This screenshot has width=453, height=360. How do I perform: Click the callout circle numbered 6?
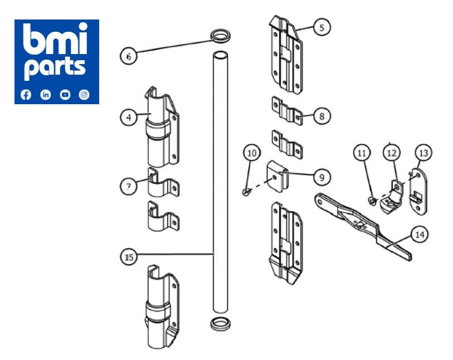point(129,56)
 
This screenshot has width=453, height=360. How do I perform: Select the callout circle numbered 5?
point(322,27)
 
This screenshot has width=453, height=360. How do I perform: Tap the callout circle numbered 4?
point(129,117)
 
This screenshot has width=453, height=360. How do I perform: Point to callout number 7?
point(129,186)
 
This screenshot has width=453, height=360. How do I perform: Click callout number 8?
point(322,116)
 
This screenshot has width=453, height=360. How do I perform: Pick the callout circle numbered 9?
point(322,177)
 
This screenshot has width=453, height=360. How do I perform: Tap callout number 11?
point(363,152)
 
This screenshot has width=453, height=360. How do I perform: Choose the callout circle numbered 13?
point(424,152)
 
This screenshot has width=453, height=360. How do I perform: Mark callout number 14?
point(420,235)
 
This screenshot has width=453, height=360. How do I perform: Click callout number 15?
point(129,256)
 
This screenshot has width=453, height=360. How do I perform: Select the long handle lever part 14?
point(362,223)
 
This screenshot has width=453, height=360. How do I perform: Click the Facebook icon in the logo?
point(26,95)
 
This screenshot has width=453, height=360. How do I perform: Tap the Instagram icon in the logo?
point(85,95)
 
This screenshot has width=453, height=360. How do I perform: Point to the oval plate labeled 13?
point(420,191)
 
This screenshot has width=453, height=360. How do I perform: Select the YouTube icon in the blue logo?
point(65,95)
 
